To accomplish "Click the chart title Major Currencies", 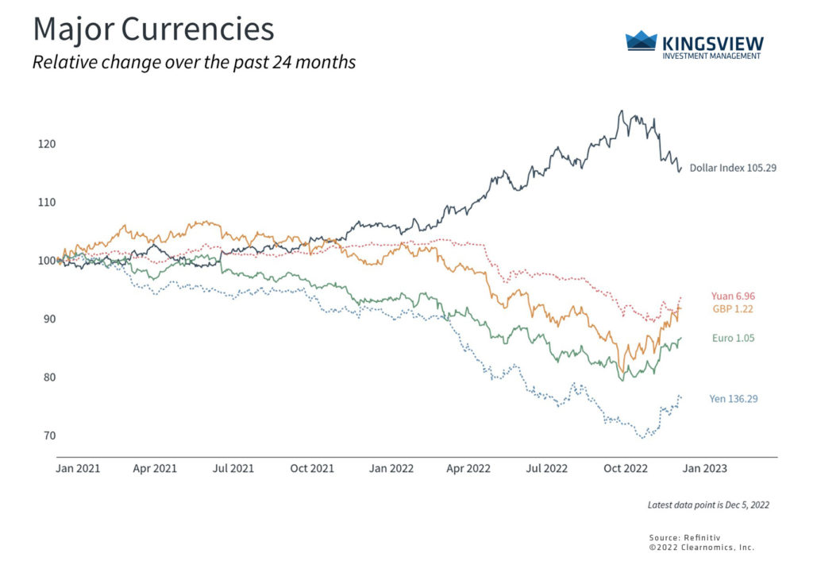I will pyautogui.click(x=152, y=30).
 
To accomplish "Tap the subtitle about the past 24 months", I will pyautogui.click(x=194, y=62).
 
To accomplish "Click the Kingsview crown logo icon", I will pyautogui.click(x=642, y=41).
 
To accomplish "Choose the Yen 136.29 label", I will pyautogui.click(x=733, y=398).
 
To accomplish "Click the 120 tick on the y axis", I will pyautogui.click(x=44, y=144).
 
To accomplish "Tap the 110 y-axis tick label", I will pyautogui.click(x=44, y=202).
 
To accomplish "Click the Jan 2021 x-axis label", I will pyautogui.click(x=78, y=469).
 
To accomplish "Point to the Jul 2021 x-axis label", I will pyautogui.click(x=233, y=469).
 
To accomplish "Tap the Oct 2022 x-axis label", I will pyautogui.click(x=623, y=469).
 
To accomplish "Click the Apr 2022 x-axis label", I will pyautogui.click(x=467, y=469).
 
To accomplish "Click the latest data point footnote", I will pyautogui.click(x=708, y=505).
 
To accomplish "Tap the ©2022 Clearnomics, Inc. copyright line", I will pyautogui.click(x=701, y=548).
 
